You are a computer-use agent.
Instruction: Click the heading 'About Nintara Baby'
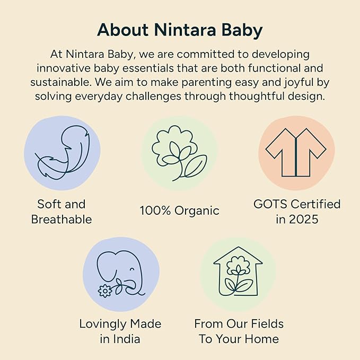coord(180,30)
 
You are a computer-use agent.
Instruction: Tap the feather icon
coord(62,153)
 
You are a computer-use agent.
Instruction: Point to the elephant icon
coord(121,274)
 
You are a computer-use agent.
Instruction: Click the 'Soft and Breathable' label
coord(62,212)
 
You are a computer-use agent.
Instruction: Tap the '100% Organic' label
coord(179,210)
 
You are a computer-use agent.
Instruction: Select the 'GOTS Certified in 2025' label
coord(296,212)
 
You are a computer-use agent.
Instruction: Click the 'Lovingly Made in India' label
coord(120,331)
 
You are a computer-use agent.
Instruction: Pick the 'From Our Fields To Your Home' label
coord(239,331)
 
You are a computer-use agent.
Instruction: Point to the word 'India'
coord(127,339)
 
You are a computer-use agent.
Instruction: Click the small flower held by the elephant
coord(105,291)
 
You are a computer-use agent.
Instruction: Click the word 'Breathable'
coord(62,219)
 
